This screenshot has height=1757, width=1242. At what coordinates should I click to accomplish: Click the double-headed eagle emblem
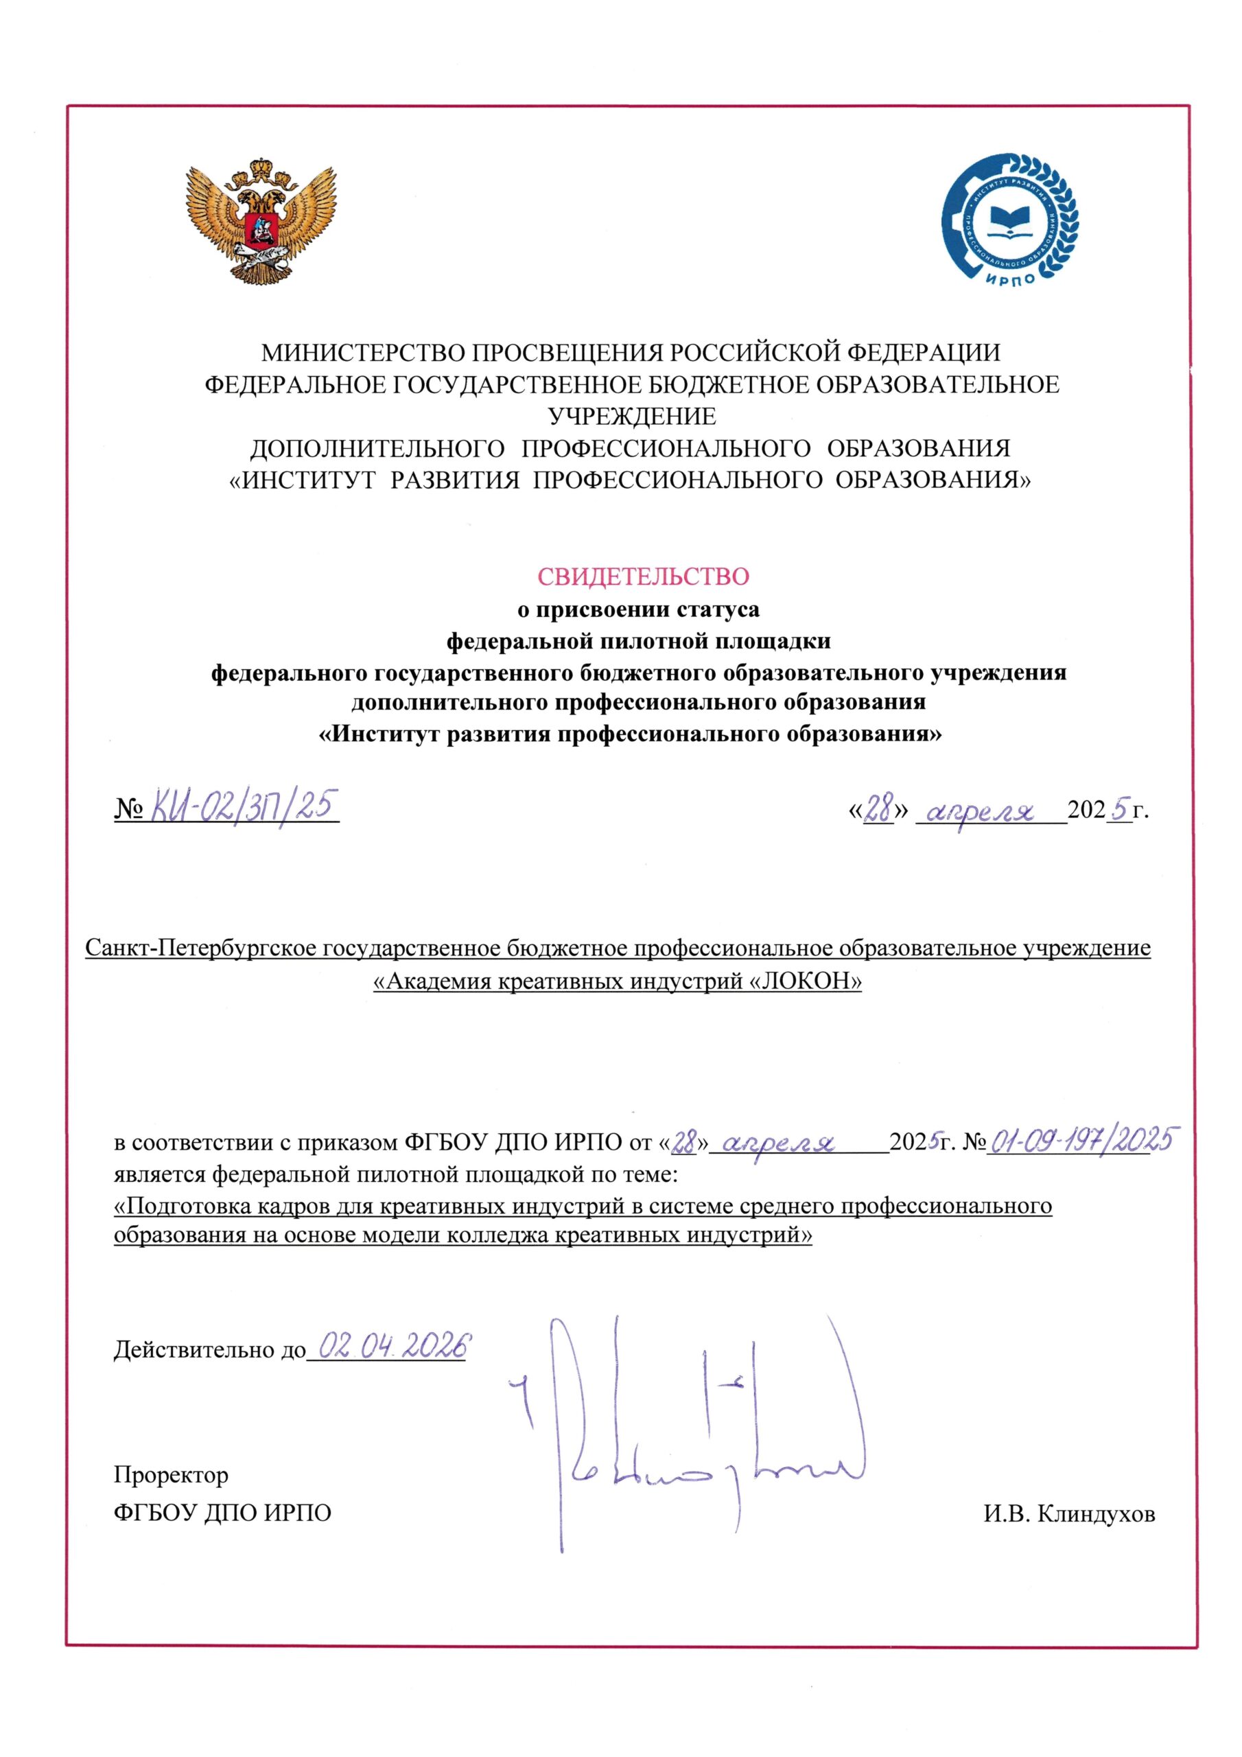[260, 220]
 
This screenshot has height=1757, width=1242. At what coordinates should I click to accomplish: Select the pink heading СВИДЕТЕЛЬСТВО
[642, 575]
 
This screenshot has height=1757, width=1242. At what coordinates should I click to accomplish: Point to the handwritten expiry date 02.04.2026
[392, 1345]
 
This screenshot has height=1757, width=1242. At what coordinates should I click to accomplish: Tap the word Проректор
[171, 1474]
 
